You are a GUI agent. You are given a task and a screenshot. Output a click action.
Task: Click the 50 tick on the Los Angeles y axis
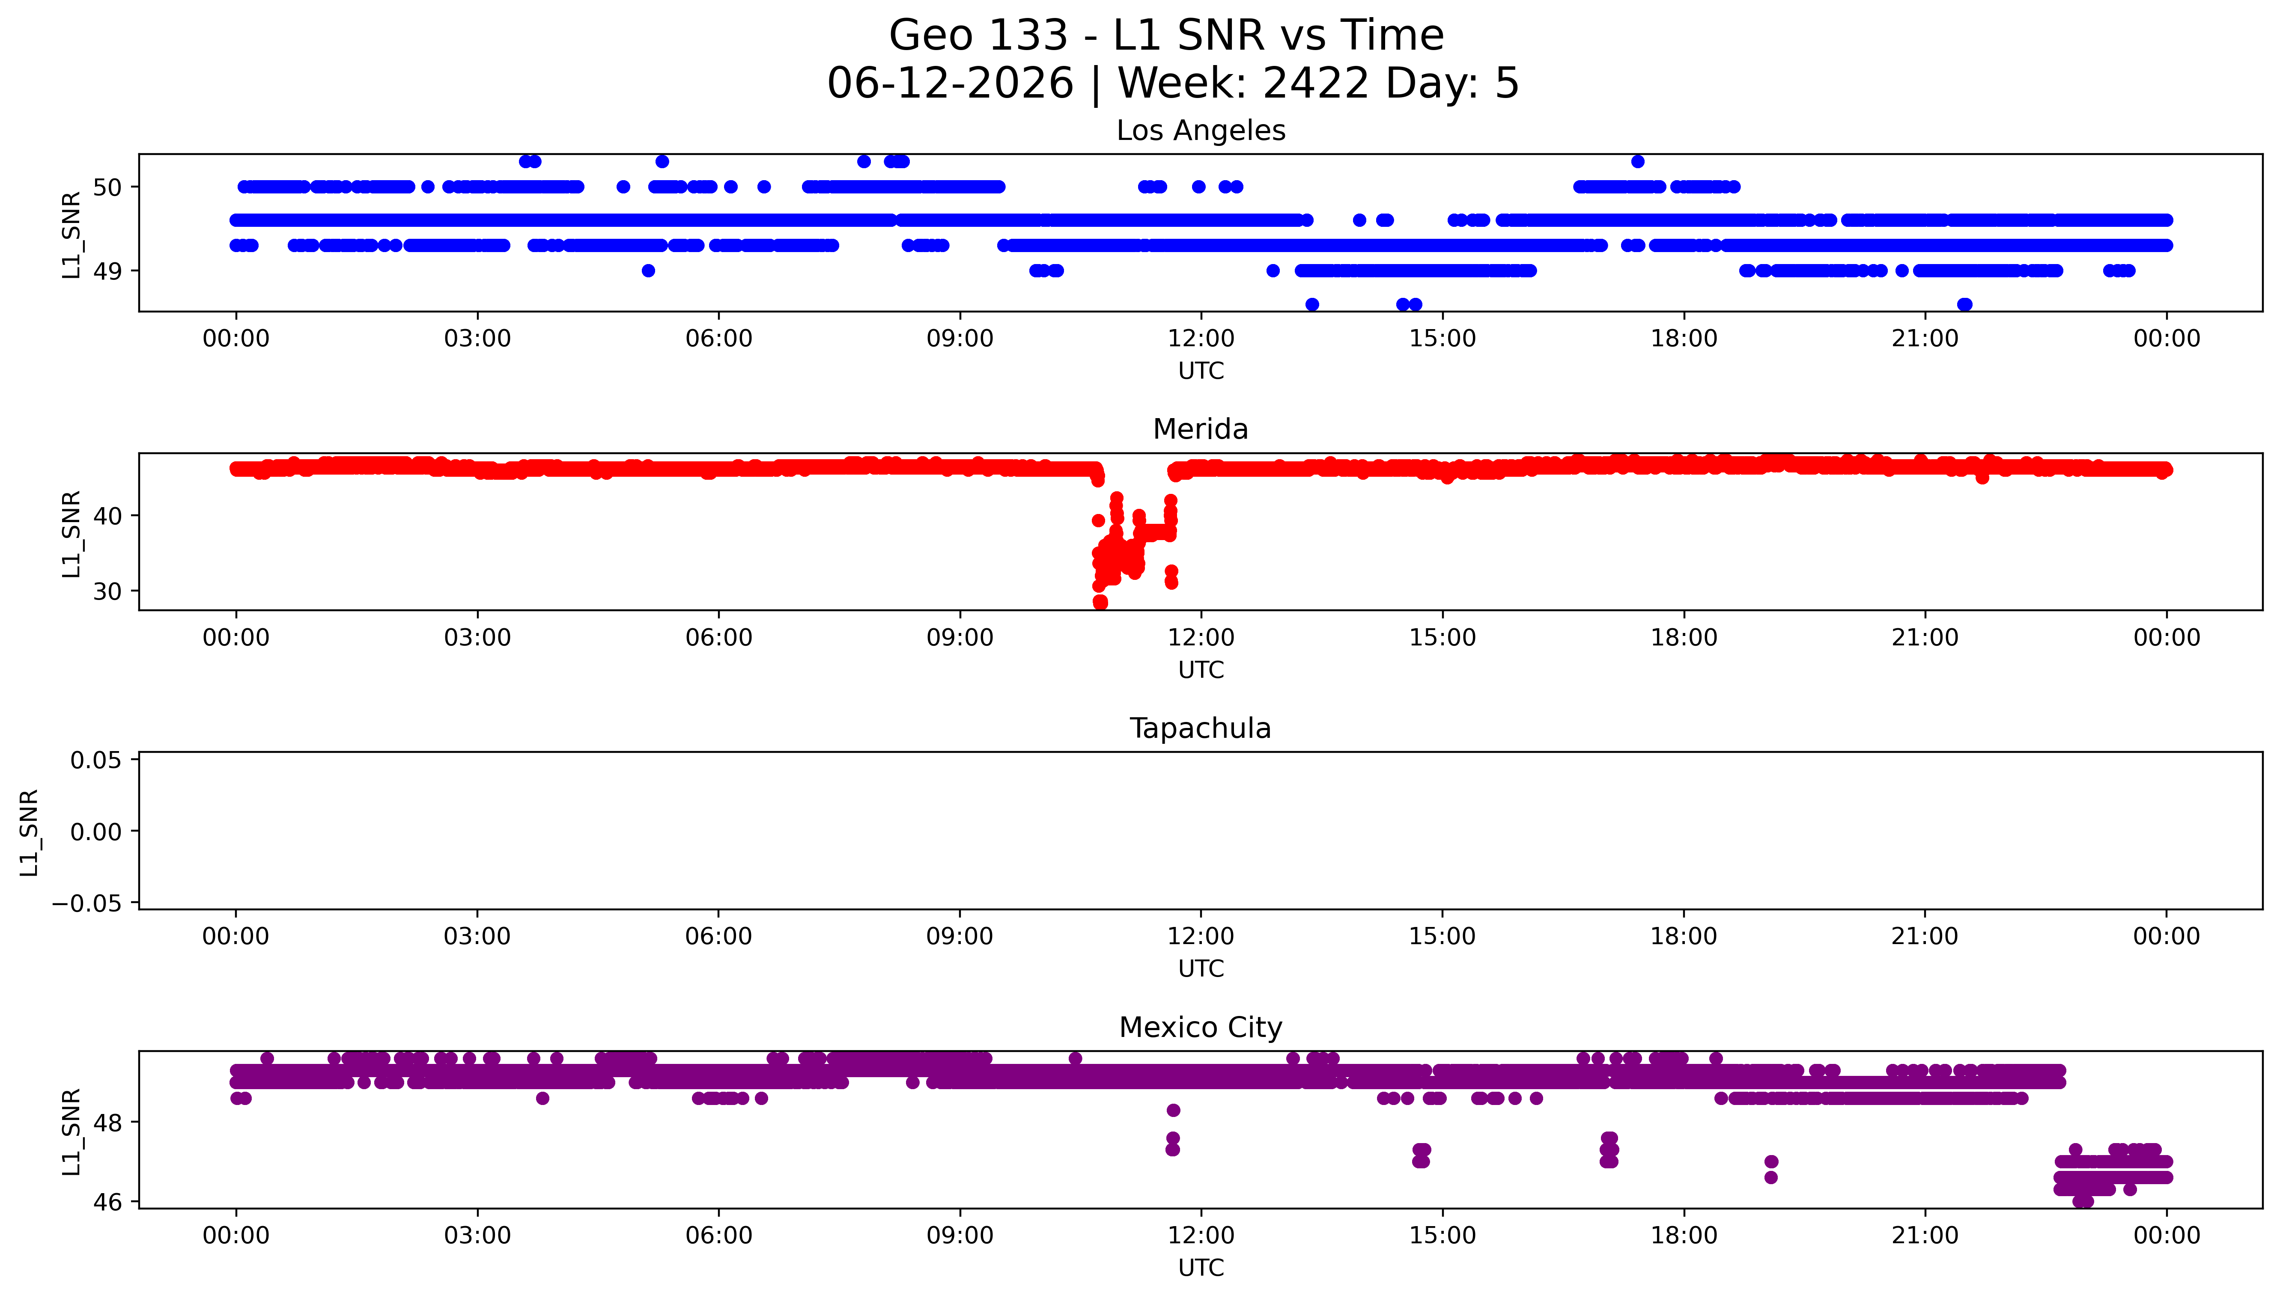pyautogui.click(x=108, y=187)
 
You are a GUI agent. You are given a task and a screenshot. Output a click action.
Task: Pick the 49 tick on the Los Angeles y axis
pyautogui.click(x=108, y=271)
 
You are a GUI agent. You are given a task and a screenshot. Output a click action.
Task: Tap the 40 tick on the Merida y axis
pyautogui.click(x=108, y=515)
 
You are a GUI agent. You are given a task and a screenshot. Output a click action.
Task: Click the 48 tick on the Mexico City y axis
pyautogui.click(x=108, y=1123)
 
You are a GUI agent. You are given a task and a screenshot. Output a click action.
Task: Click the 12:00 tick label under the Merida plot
pyautogui.click(x=1201, y=637)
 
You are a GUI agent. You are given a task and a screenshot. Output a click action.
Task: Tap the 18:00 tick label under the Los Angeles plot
pyautogui.click(x=1684, y=339)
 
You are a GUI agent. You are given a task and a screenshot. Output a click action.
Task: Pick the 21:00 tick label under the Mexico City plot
pyautogui.click(x=1925, y=1236)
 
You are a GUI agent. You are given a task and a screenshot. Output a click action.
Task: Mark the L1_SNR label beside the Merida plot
pyautogui.click(x=72, y=533)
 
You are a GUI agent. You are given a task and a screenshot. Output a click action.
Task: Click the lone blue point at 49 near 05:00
pyautogui.click(x=648, y=271)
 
